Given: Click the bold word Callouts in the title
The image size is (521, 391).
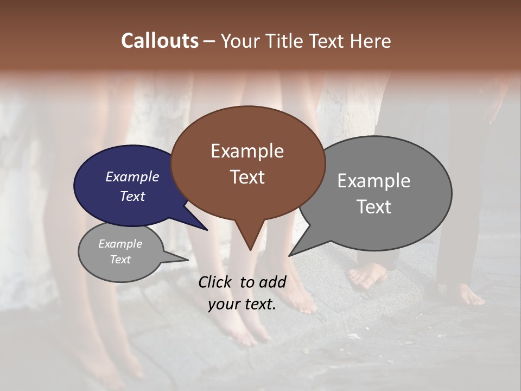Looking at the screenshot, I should tap(160, 41).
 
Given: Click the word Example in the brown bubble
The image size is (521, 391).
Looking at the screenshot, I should tap(247, 151).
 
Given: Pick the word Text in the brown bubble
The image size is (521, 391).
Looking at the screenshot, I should tap(247, 177).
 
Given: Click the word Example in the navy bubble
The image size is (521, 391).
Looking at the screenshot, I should tap(132, 176).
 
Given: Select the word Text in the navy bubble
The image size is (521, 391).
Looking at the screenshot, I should tap(132, 196).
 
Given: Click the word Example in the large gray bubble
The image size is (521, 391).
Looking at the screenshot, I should tap(373, 181).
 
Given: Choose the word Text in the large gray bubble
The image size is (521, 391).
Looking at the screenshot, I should tap(373, 207).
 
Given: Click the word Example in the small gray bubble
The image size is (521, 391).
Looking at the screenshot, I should tap(120, 244).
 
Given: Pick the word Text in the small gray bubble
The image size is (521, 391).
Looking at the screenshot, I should tap(120, 260).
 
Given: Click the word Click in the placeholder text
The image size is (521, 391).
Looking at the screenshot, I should tap(215, 282).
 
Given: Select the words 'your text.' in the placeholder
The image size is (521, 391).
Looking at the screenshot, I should tap(242, 305).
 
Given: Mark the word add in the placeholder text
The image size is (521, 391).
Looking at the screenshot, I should tap(272, 282).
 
